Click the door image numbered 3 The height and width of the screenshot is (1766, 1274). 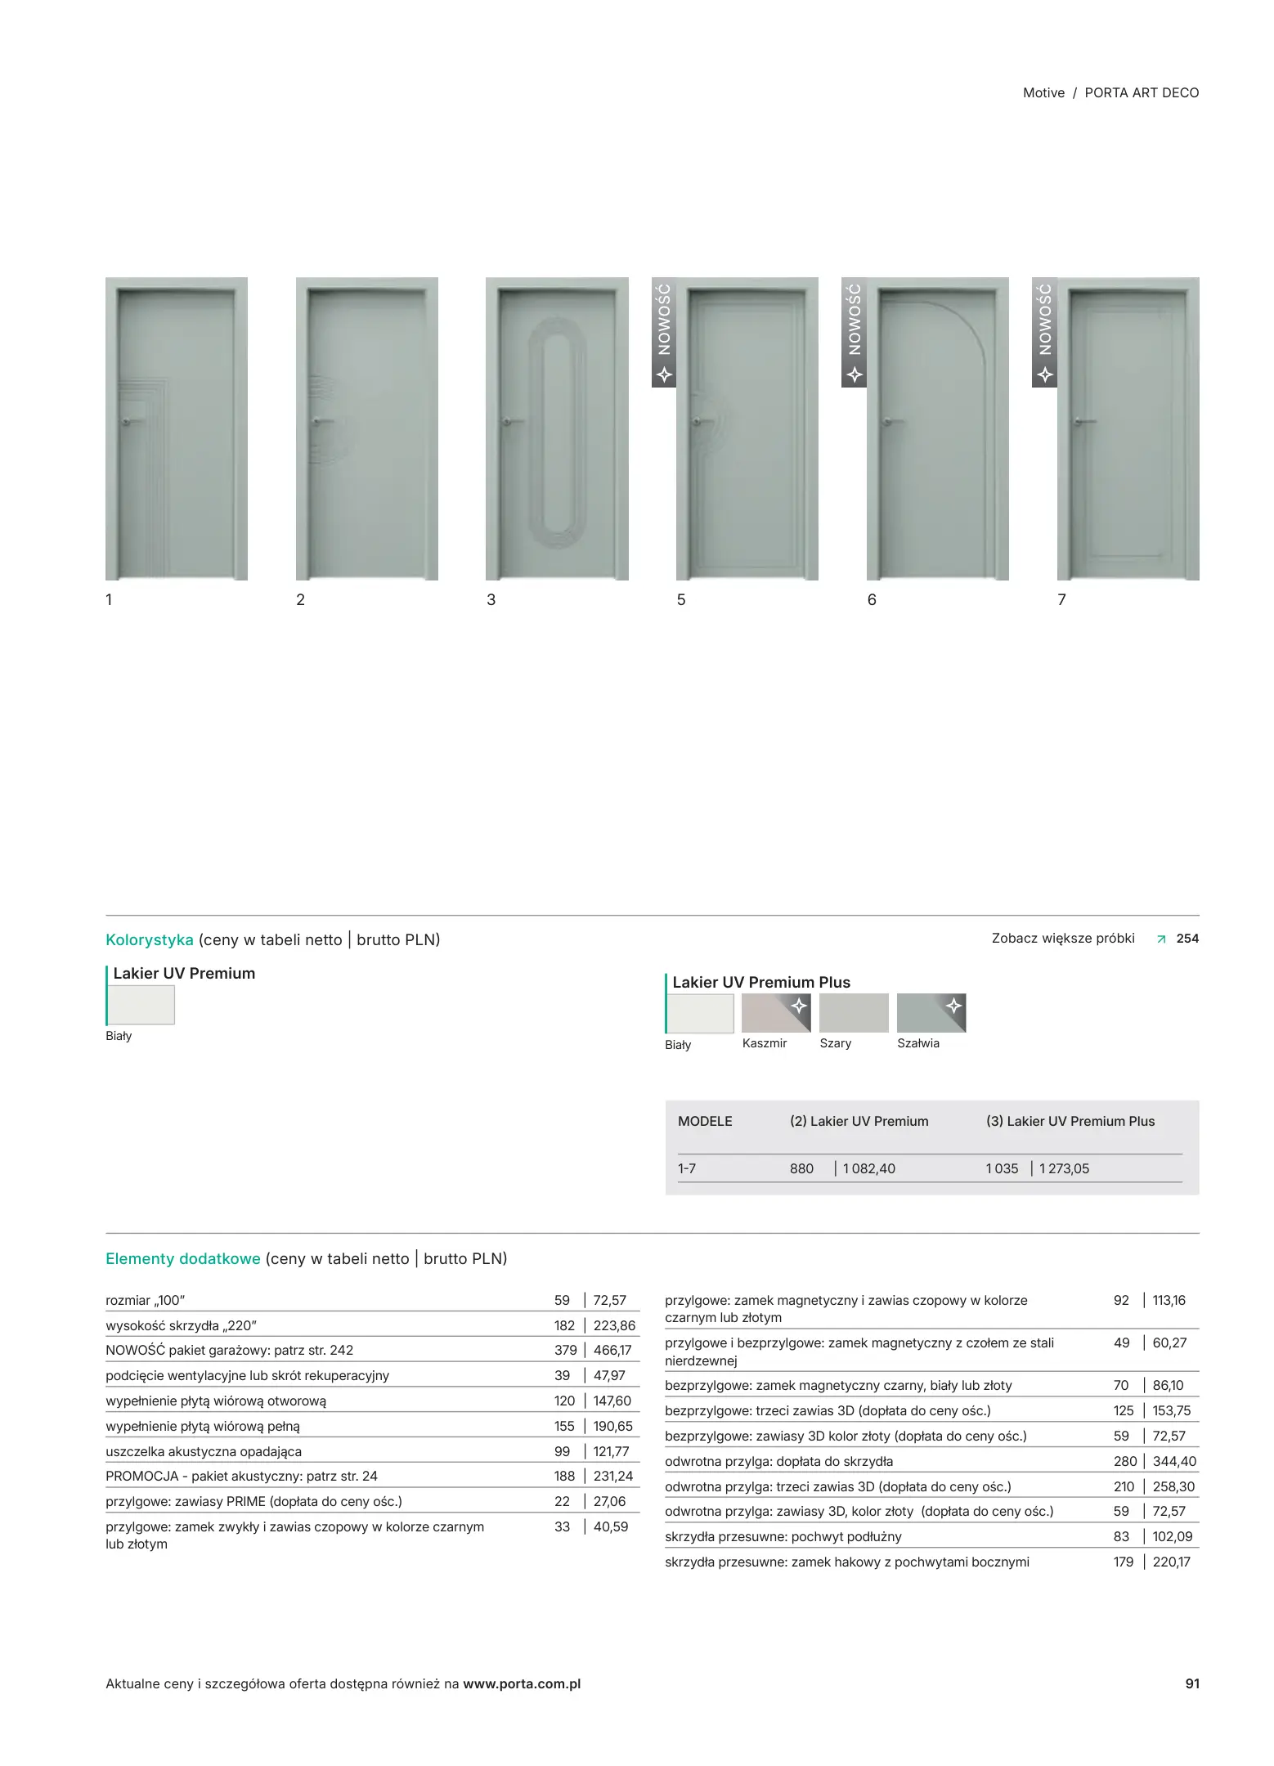tap(557, 429)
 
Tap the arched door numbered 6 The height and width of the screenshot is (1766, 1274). tap(937, 429)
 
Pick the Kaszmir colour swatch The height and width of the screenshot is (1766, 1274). tap(776, 1013)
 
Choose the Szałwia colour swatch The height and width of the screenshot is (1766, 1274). tap(931, 1013)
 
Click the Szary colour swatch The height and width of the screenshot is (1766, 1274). tap(853, 1013)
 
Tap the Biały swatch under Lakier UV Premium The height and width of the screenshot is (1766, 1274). tap(141, 1005)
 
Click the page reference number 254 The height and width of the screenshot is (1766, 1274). tap(1187, 939)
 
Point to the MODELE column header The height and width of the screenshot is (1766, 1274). tap(705, 1121)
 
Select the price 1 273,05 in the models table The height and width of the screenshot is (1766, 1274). tap(1064, 1168)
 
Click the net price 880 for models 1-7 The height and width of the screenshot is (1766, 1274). tap(801, 1168)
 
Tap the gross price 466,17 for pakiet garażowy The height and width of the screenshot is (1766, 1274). tap(612, 1350)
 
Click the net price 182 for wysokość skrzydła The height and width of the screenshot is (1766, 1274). tap(564, 1325)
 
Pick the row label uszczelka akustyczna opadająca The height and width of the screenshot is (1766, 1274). tap(204, 1451)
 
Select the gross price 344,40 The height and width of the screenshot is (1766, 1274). tap(1174, 1461)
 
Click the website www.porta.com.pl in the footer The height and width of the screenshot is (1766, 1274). tap(522, 1683)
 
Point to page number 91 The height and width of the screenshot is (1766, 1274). tap(1192, 1683)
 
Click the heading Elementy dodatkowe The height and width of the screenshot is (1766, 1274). tap(183, 1258)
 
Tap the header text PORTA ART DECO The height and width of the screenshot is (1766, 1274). tap(1142, 93)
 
